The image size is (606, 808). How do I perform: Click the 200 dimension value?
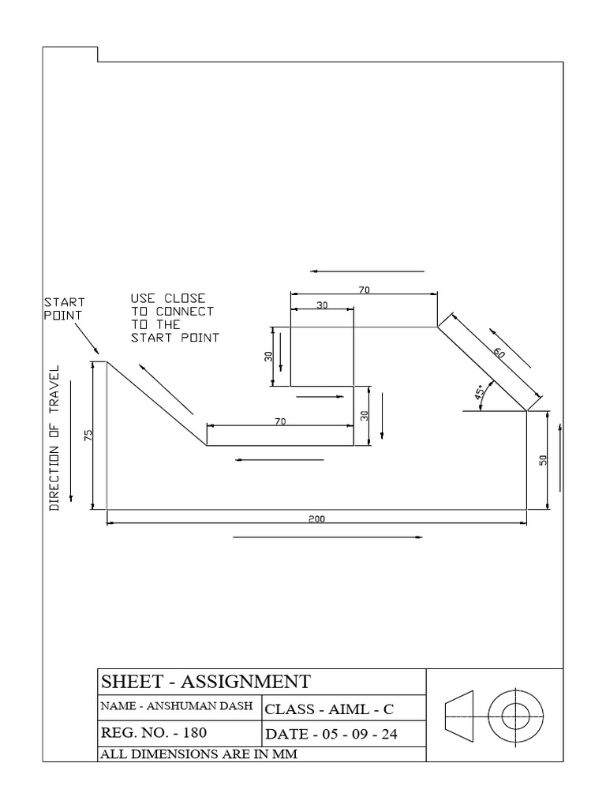[x=317, y=518]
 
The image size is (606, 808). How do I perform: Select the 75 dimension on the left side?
[x=88, y=436]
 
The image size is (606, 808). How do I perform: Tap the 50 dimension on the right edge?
[x=543, y=460]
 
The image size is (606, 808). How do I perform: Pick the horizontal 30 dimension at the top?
[x=322, y=305]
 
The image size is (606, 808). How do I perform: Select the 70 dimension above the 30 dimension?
[x=364, y=290]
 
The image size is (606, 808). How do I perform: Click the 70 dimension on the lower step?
[x=279, y=422]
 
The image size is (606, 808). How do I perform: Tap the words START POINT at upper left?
[x=64, y=308]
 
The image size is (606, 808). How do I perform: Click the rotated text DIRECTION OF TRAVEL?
[x=55, y=438]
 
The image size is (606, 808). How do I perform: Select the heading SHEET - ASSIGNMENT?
[x=205, y=681]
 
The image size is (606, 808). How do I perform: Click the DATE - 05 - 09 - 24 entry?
[x=331, y=734]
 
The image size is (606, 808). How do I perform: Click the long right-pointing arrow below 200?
[x=327, y=538]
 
